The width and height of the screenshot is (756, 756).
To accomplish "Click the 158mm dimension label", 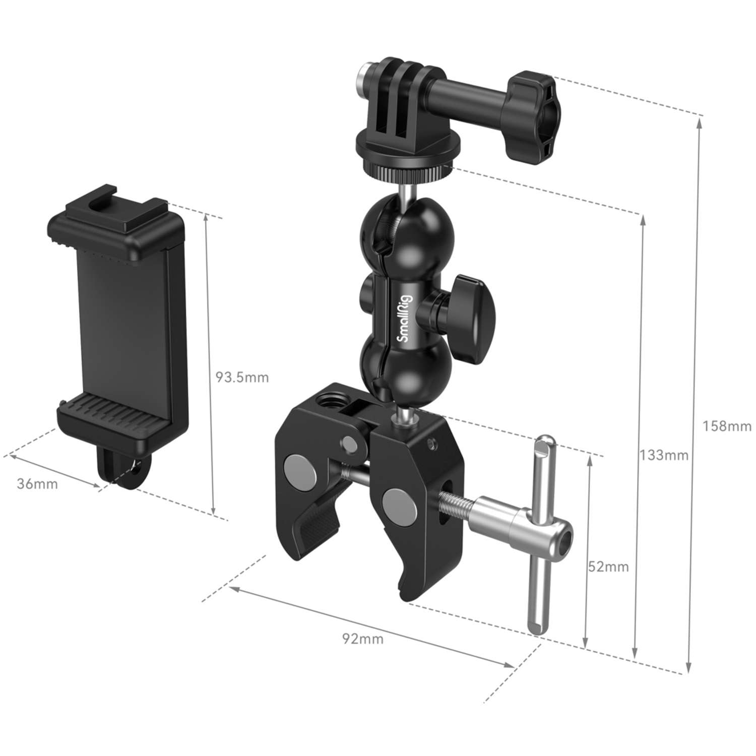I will tap(727, 426).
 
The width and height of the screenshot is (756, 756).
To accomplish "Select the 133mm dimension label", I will tap(664, 455).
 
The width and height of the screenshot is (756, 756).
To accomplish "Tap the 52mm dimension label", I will tap(608, 566).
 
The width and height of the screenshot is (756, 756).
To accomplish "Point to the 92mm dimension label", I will tap(363, 639).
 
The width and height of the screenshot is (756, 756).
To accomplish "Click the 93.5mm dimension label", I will tap(242, 376).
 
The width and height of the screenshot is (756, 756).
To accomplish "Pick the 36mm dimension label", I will tap(37, 484).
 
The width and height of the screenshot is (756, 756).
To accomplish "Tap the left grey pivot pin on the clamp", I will tap(299, 468).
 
